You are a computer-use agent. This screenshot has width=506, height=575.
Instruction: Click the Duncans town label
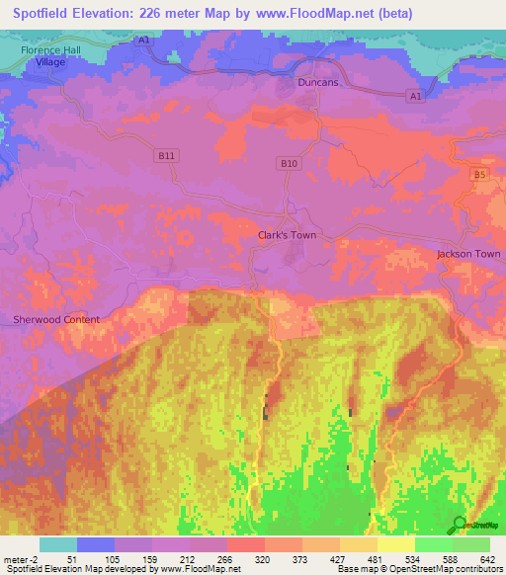pyautogui.click(x=318, y=83)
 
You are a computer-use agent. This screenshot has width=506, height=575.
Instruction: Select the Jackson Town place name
pyautogui.click(x=468, y=254)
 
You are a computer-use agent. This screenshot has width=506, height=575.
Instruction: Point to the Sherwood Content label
pyautogui.click(x=56, y=319)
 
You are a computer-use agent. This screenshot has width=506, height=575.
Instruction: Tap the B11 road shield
pyautogui.click(x=166, y=156)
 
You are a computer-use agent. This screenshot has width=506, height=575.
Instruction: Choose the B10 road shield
pyautogui.click(x=288, y=162)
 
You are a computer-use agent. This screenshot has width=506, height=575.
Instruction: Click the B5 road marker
pyautogui.click(x=479, y=174)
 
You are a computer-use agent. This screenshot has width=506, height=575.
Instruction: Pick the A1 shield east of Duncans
pyautogui.click(x=415, y=96)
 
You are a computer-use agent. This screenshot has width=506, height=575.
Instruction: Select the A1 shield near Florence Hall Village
pyautogui.click(x=143, y=40)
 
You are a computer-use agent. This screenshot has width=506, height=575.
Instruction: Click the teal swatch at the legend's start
pyautogui.click(x=57, y=544)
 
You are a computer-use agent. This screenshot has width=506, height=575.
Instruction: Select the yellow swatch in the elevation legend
pyautogui.click(x=395, y=544)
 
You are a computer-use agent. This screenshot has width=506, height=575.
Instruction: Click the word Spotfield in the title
pyautogui.click(x=41, y=14)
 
